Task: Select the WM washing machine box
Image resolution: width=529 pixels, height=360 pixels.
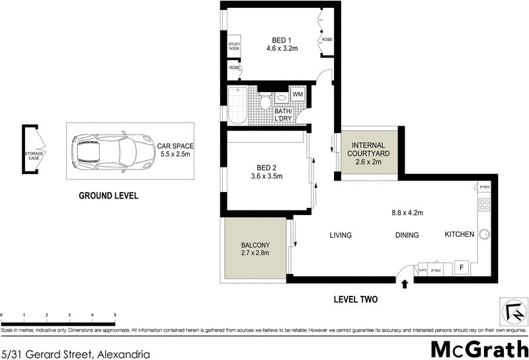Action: (x=298, y=95)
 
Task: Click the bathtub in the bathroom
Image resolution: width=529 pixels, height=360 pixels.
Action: (x=236, y=105)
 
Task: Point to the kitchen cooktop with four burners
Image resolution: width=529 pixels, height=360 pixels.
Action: (x=483, y=205)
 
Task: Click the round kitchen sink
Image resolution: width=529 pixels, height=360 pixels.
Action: (x=484, y=234)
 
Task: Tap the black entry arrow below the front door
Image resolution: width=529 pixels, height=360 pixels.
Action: (x=405, y=283)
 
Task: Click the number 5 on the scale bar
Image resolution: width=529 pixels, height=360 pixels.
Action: (x=115, y=315)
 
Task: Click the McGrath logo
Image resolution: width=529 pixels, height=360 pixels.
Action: (x=479, y=347)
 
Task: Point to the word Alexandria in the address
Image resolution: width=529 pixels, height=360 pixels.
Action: (x=122, y=354)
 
